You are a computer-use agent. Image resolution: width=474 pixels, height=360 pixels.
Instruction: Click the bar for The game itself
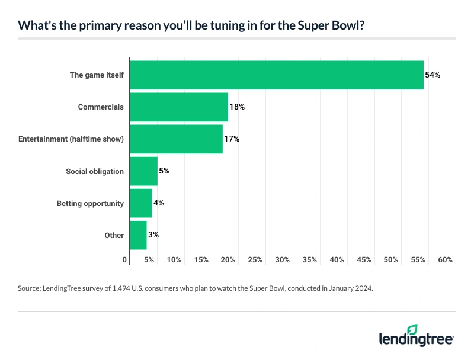pos(276,75)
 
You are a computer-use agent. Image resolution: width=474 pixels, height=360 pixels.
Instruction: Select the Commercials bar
pos(178,107)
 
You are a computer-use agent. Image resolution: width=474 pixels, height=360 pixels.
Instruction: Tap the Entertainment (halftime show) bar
pos(176,139)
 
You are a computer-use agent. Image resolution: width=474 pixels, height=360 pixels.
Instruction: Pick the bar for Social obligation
pos(143,171)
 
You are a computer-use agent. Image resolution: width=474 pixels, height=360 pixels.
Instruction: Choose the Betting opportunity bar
pos(141,203)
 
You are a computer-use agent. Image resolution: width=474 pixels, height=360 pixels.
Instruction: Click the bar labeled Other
pos(138,235)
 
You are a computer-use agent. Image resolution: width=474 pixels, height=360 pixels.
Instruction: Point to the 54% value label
pos(433,75)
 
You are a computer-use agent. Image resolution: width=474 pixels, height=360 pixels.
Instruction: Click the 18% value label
pos(237,107)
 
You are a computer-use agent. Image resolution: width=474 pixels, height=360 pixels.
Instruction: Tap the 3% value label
pos(153,235)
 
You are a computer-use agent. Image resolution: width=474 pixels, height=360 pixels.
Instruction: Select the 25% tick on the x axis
pos(255,260)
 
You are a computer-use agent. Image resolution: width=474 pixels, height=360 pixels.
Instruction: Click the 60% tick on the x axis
pos(446,260)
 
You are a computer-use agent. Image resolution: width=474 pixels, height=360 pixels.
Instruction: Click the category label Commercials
pos(101,107)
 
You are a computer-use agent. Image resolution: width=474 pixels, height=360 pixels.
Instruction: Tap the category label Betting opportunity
pos(90,203)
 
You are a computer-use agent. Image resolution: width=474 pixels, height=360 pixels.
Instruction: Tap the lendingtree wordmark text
pos(416,340)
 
